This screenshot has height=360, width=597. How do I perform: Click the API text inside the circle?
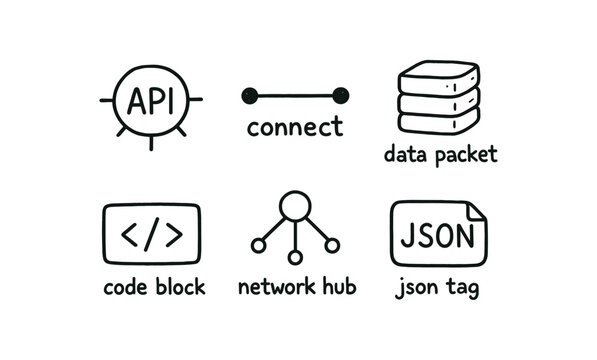click(x=151, y=99)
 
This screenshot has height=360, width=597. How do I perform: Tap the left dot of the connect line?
click(x=250, y=96)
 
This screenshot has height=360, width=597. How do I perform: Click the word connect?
click(x=294, y=128)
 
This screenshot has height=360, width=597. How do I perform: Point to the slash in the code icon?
click(x=151, y=235)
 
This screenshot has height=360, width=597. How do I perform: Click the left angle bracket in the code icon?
click(x=130, y=235)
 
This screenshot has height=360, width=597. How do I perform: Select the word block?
click(x=182, y=288)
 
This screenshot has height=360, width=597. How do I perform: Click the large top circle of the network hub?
click(x=295, y=207)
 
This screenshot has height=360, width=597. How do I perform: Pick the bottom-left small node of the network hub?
click(x=259, y=244)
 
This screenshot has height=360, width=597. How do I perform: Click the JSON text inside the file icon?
click(x=437, y=237)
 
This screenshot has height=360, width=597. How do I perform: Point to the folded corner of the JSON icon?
click(x=479, y=212)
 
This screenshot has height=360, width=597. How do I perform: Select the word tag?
click(x=461, y=289)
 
